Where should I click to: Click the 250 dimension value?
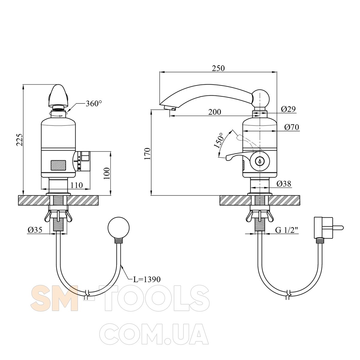(x=218, y=68)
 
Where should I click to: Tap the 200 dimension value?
(x=215, y=112)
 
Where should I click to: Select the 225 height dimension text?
(x=20, y=140)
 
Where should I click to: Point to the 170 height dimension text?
(x=147, y=154)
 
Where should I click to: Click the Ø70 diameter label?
(x=292, y=127)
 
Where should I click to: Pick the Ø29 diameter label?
(x=288, y=109)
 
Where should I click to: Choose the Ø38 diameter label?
(x=284, y=184)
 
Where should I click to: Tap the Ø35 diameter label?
(x=35, y=230)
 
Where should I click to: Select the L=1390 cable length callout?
(x=147, y=279)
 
